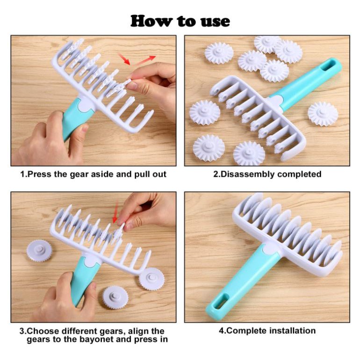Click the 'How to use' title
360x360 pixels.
[180, 22]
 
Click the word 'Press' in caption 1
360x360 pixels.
[40, 174]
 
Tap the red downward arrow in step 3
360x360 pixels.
[115, 212]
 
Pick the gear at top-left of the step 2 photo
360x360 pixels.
[219, 53]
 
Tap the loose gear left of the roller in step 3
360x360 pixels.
[39, 251]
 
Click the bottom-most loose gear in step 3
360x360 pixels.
[115, 297]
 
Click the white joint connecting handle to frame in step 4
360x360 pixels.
[271, 250]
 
